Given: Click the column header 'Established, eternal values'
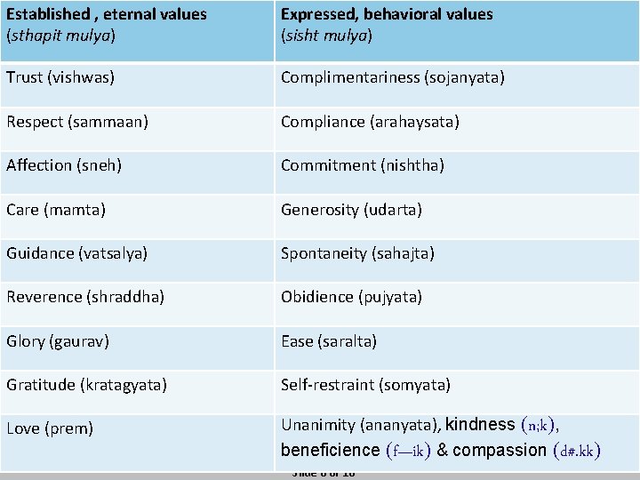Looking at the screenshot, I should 107,25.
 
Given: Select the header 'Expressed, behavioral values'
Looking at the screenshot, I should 387,25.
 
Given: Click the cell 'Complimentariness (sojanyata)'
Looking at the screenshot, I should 393,77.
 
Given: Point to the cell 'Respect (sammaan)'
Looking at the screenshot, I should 77,121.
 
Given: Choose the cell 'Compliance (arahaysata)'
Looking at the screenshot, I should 370,121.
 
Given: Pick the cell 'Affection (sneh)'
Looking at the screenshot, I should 64,165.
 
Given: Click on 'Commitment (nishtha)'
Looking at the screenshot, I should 363,165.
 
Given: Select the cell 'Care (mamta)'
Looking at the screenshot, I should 56,210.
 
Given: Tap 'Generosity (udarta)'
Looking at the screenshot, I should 351,210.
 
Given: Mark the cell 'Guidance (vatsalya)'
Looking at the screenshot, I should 77,253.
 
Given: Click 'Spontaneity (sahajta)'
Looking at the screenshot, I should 357,253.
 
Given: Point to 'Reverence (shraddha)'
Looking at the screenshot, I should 85,297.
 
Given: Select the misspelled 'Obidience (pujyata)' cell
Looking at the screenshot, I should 351,297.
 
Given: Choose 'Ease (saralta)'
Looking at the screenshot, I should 329,341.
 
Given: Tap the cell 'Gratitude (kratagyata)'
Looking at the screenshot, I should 87,385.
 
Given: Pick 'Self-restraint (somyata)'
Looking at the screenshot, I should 365,385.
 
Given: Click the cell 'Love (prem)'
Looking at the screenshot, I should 50,428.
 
